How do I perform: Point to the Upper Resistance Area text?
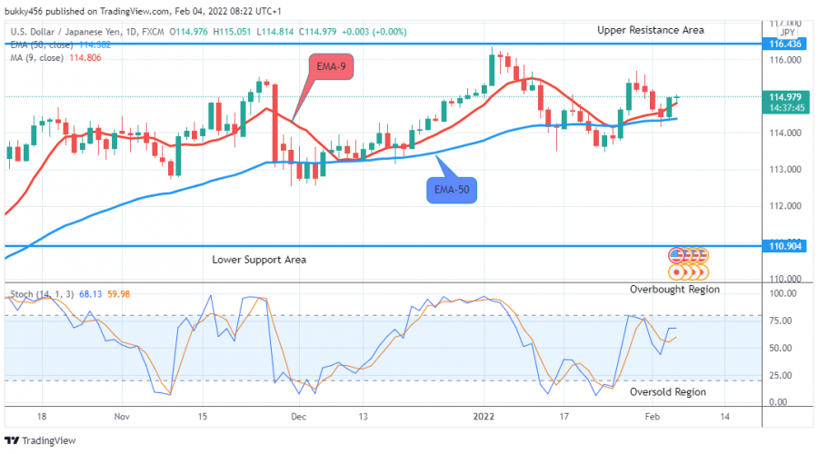click(650, 30)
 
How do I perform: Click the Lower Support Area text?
click(259, 260)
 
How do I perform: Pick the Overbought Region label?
click(675, 289)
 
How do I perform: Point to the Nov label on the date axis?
click(123, 415)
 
